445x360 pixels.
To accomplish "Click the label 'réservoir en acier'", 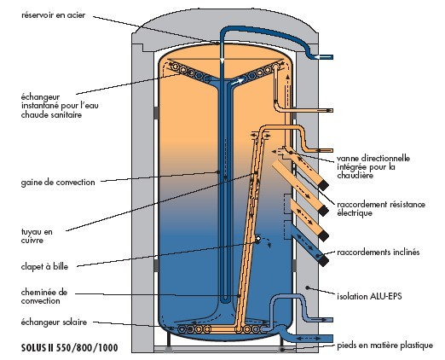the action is click(53, 15).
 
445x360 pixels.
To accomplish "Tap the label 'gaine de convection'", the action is click(58, 182).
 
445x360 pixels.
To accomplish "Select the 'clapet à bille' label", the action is click(44, 266).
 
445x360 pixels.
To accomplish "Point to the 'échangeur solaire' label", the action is click(54, 322).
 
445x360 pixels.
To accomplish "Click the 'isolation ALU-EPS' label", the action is click(369, 296).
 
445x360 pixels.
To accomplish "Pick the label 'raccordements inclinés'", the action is click(379, 252).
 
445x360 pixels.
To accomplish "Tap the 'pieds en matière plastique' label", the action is click(385, 345).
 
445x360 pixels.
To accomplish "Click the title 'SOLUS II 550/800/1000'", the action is click(70, 348).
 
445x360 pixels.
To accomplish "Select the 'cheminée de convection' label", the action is click(44, 297).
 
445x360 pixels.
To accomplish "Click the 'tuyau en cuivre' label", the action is click(37, 236).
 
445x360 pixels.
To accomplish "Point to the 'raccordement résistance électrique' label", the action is click(381, 208).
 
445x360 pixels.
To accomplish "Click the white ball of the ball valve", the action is click(258, 239).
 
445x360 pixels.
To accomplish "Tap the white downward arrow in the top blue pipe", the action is click(222, 60).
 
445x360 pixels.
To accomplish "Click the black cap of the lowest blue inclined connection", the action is click(324, 261).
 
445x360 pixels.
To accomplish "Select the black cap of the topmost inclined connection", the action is click(324, 185).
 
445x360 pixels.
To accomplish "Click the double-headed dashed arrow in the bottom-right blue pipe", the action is click(308, 339).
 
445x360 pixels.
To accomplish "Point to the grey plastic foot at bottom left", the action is click(169, 350).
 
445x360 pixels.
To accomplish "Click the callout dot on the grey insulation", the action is click(307, 287).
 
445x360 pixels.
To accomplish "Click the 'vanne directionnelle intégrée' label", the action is click(373, 166).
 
